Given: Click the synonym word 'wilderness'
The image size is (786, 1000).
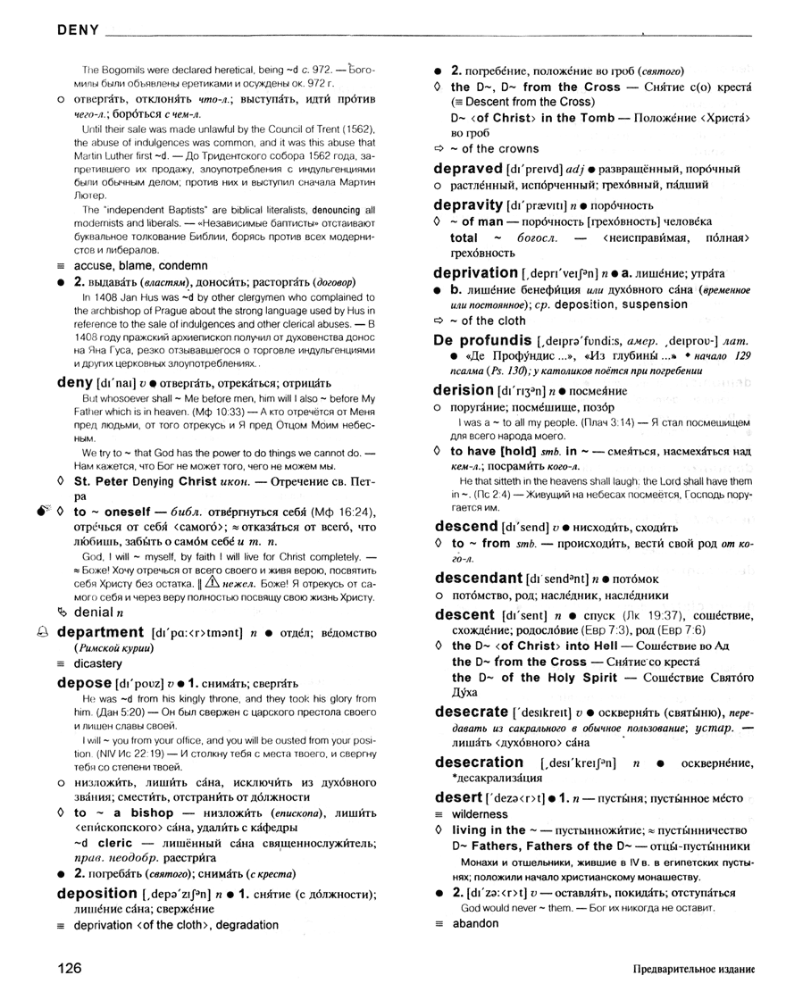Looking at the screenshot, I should [x=480, y=814].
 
